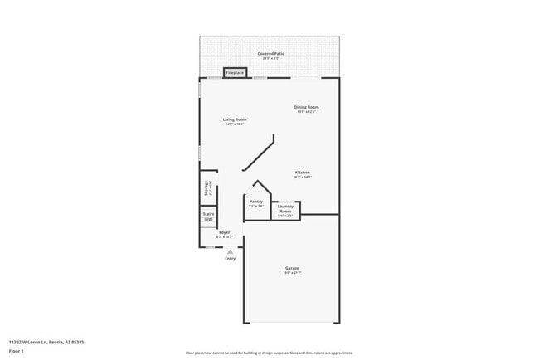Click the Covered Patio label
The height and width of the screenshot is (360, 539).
[269, 52]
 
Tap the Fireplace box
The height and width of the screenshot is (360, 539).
[235, 73]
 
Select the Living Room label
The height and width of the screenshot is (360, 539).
[235, 119]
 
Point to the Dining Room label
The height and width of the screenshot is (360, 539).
[307, 107]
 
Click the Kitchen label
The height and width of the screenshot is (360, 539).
[302, 173]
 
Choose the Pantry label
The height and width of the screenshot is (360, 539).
[256, 201]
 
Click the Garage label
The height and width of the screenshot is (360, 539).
[292, 268]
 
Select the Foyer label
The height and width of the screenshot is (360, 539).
[224, 232]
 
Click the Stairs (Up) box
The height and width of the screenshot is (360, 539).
[208, 216]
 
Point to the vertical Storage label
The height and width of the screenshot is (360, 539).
[205, 188]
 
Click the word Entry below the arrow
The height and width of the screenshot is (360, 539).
[230, 259]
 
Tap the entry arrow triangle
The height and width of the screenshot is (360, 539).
[230, 251]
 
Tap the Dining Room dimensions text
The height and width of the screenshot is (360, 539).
[307, 112]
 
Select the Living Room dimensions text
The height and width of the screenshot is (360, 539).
[235, 124]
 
